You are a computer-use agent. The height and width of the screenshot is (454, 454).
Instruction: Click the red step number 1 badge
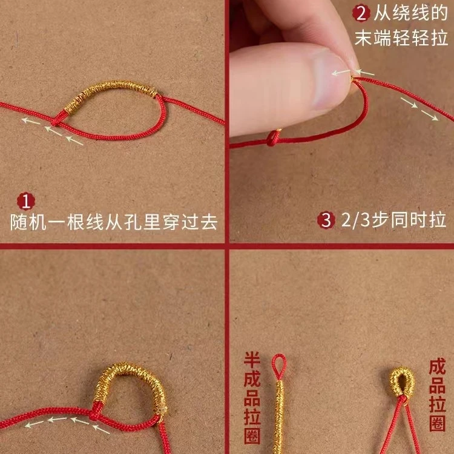[x=26, y=200]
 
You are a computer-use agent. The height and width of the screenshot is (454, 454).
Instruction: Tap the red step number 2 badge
[x=361, y=13]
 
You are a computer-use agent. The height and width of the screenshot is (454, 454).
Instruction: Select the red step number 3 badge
[x=326, y=220]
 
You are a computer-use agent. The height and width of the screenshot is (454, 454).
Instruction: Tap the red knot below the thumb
[x=273, y=138]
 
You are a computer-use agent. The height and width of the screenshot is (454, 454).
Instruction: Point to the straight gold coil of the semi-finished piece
[x=279, y=417]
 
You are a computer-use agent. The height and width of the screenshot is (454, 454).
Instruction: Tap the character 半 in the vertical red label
[x=252, y=361]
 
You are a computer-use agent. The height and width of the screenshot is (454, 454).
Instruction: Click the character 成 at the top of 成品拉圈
[x=437, y=367]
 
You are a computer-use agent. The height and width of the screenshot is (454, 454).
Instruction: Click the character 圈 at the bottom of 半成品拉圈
[x=252, y=436]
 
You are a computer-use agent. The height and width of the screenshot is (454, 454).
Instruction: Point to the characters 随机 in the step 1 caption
[x=28, y=222]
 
